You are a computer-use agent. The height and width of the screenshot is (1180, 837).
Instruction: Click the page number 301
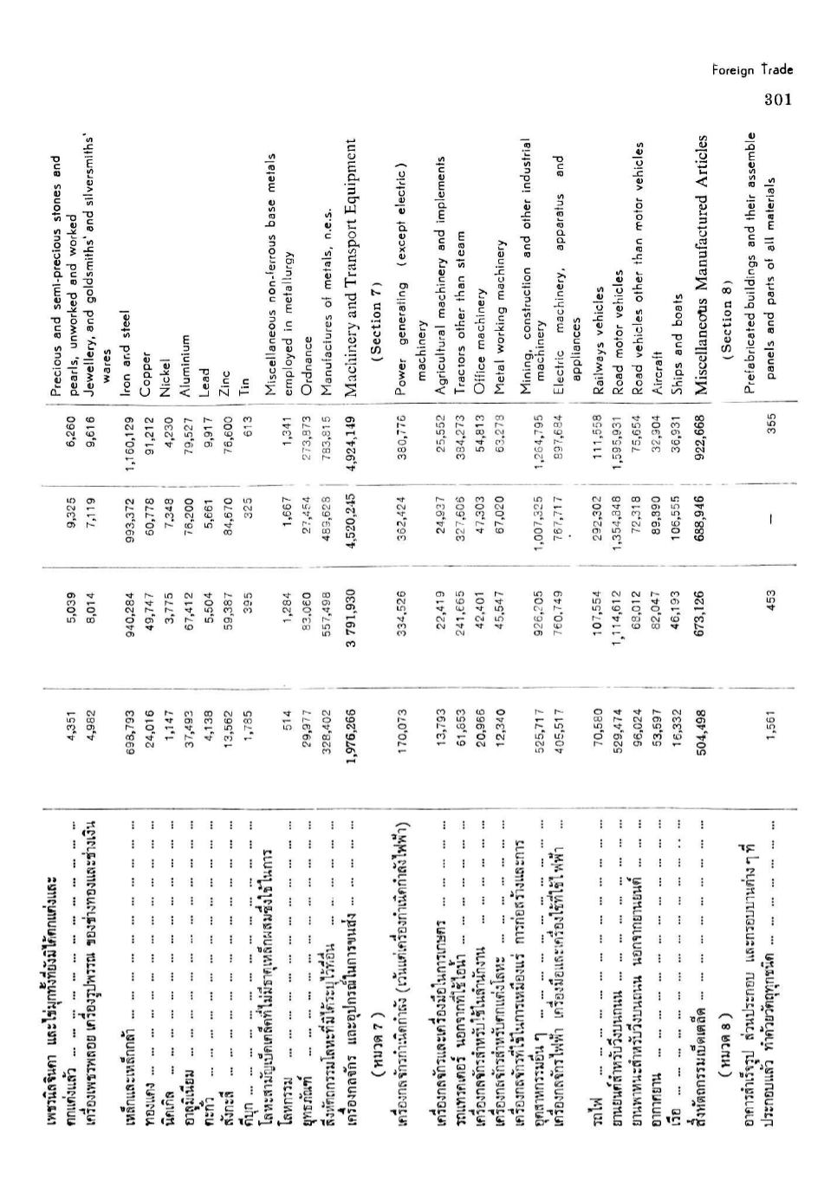[x=778, y=100]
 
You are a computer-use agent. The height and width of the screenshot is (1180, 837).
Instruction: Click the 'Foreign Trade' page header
[x=752, y=70]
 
